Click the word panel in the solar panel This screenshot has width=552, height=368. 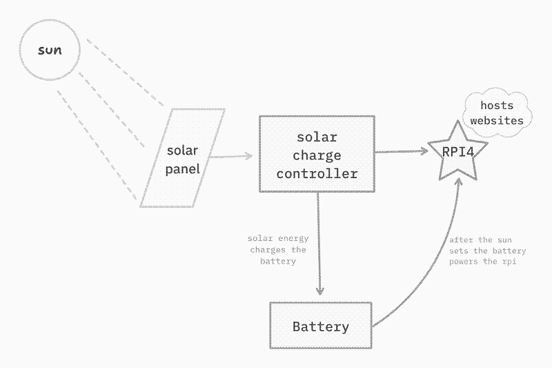point(182,168)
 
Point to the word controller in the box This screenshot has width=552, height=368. point(317,173)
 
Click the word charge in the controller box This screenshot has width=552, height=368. point(317,155)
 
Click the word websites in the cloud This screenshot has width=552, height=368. point(497,121)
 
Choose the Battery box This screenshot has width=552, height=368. point(321,326)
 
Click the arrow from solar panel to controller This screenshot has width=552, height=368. point(230,157)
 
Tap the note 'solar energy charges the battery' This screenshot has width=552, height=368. point(278,250)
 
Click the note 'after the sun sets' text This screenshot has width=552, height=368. point(487,251)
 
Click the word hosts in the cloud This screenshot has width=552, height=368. point(497,106)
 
